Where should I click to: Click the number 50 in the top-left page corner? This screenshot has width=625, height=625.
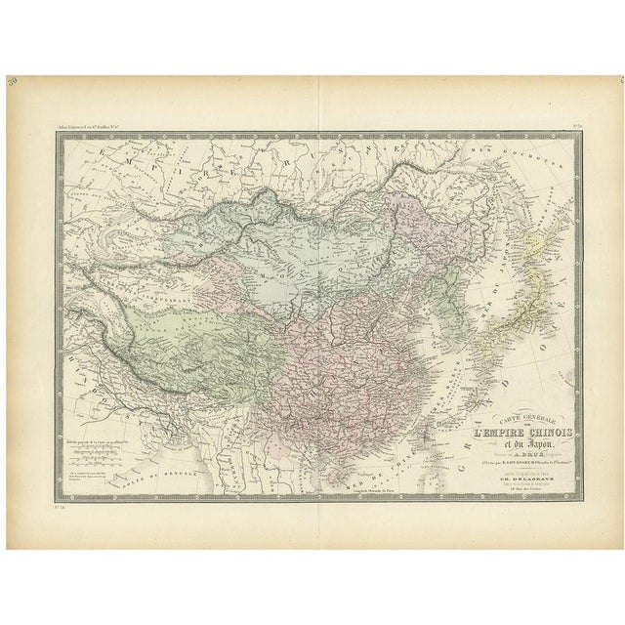click(x=39, y=87)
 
